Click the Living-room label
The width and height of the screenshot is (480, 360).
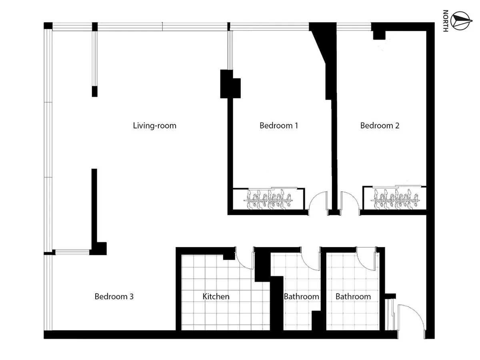click(155, 126)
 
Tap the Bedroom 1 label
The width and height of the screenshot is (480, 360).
click(278, 126)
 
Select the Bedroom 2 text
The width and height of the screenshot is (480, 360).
click(380, 126)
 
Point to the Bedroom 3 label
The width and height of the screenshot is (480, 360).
click(114, 296)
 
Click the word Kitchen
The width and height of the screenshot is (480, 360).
click(216, 296)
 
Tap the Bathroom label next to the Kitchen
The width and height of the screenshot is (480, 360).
click(301, 296)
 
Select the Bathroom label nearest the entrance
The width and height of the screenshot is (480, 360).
click(353, 296)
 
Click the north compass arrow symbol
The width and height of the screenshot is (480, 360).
click(461, 21)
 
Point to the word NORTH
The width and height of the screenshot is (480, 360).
click(446, 21)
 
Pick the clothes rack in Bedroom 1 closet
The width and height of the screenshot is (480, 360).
click(268, 200)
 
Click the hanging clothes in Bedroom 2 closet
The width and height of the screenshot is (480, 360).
click(395, 199)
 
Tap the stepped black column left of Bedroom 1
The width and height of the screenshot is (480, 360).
click(230, 84)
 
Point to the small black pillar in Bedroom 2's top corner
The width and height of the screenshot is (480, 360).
click(379, 35)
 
